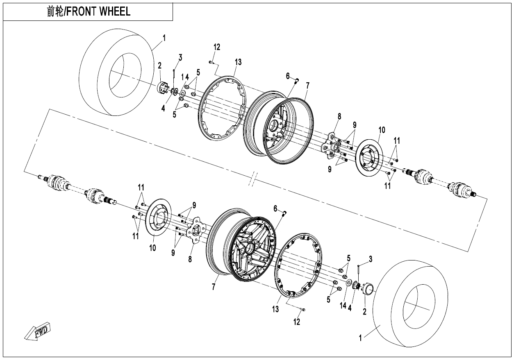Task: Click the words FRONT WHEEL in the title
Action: pos(98,11)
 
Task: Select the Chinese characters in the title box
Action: pos(55,11)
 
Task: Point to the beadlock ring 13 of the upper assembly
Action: pos(222,109)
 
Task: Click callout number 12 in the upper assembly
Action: pos(217,47)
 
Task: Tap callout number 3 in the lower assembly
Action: pos(370,258)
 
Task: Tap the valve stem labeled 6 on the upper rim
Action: pos(298,80)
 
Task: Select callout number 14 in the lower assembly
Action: pos(343,305)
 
